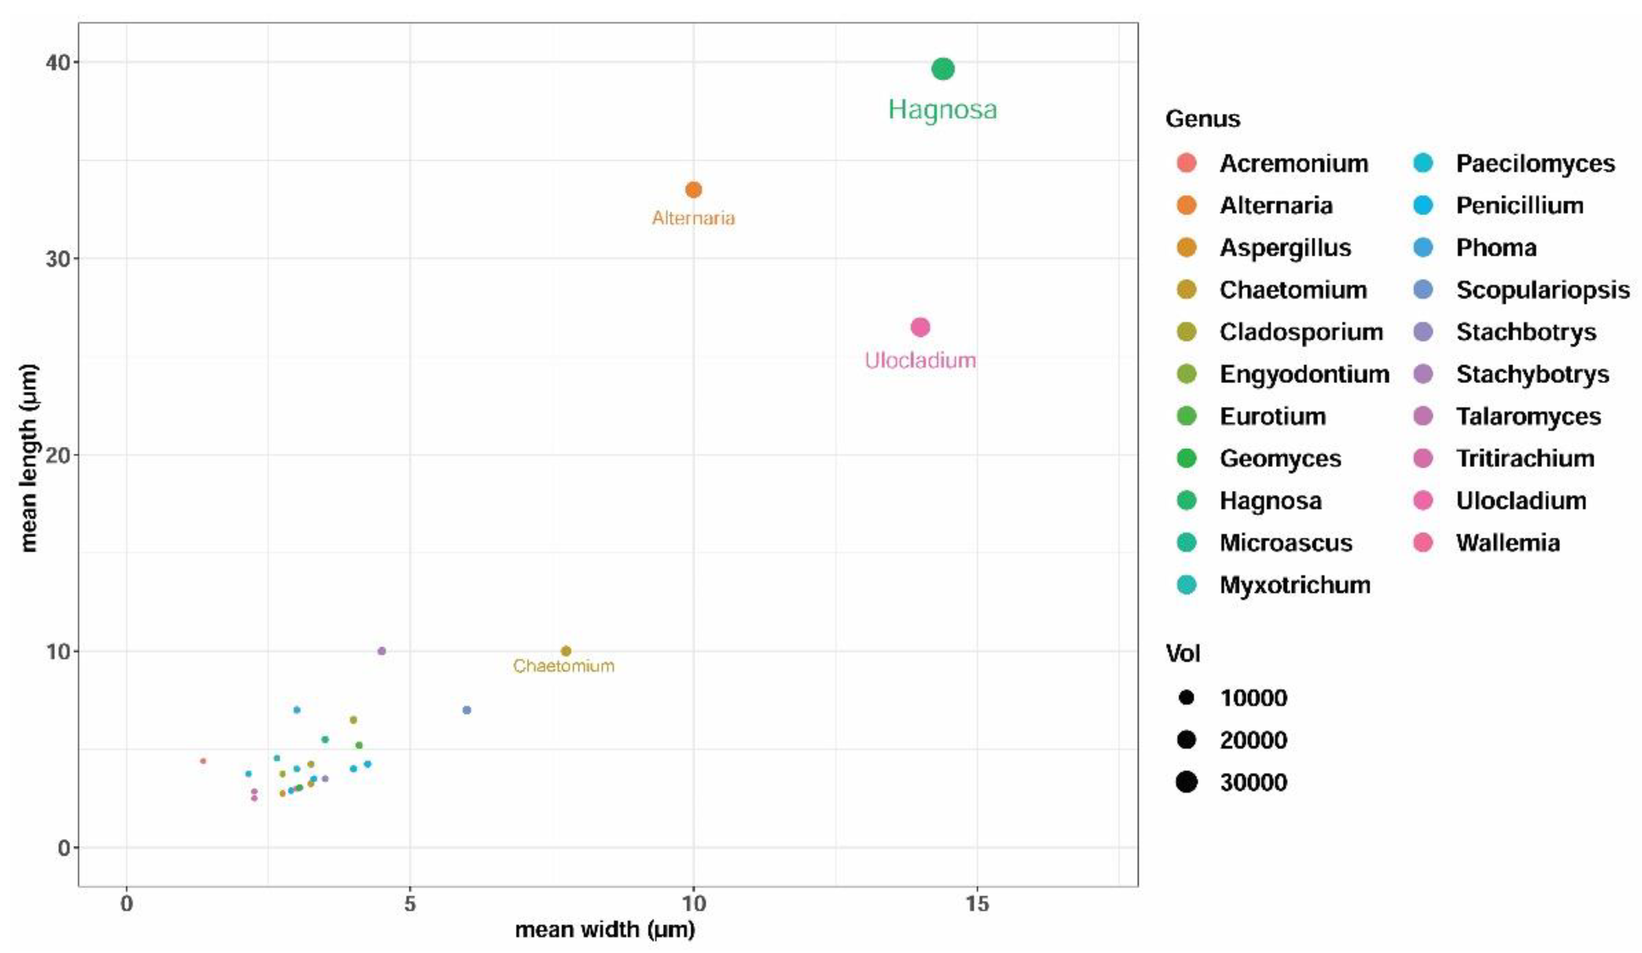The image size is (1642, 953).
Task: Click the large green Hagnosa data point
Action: click(x=943, y=68)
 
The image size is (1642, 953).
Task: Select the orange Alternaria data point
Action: click(x=693, y=189)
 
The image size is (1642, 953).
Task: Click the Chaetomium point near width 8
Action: click(x=566, y=650)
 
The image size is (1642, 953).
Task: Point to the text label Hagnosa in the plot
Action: click(x=942, y=110)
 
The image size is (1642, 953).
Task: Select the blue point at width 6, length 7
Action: click(x=467, y=710)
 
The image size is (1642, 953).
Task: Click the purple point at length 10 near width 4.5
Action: click(x=382, y=650)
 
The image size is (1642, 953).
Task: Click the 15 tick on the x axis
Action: click(x=977, y=903)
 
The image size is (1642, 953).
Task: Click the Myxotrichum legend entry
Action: click(x=1295, y=585)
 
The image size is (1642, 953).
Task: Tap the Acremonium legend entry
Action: click(x=1293, y=163)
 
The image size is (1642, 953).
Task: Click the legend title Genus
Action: click(x=1202, y=119)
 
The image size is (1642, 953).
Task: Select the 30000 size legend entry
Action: click(x=1253, y=782)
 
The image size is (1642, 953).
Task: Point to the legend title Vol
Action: click(x=1182, y=653)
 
